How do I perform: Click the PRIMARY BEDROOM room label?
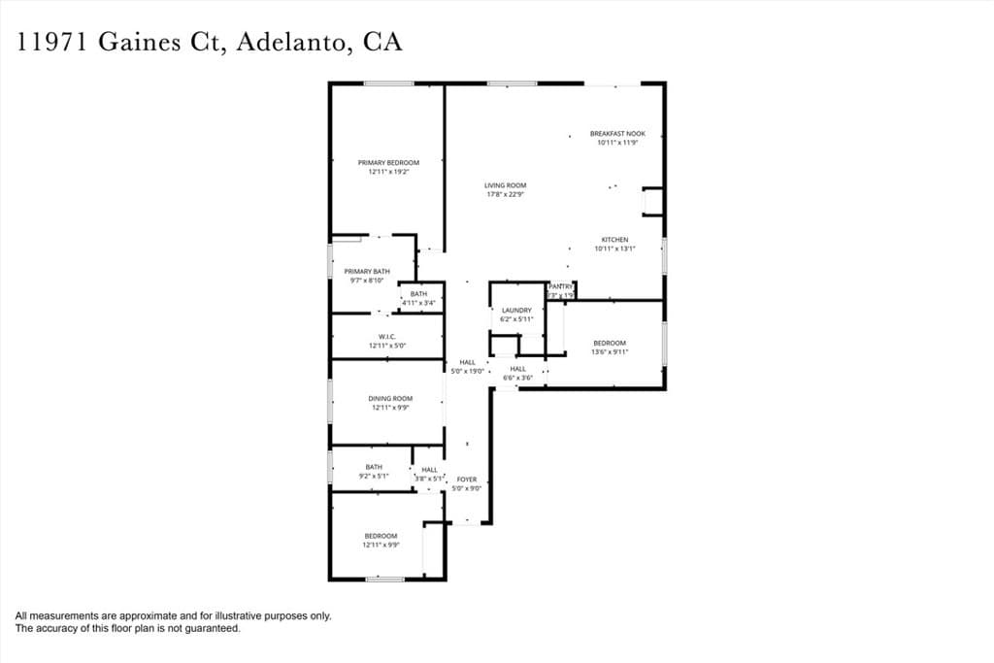[388, 162]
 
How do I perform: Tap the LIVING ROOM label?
[506, 185]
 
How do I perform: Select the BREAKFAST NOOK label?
[617, 134]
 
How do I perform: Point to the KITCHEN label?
[614, 240]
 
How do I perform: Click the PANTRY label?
[561, 286]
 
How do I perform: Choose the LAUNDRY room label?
[516, 311]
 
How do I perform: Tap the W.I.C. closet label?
[385, 337]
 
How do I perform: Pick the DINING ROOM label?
[390, 399]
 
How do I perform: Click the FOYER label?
[467, 480]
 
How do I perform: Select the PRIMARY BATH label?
[367, 272]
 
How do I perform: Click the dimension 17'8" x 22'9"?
[506, 194]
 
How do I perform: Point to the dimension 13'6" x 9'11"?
[610, 351]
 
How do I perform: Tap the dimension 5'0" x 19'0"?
[467, 371]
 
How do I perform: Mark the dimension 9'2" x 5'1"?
[374, 476]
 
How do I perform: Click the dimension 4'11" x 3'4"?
[419, 303]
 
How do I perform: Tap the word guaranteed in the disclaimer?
[209, 628]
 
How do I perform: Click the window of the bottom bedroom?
[385, 580]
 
